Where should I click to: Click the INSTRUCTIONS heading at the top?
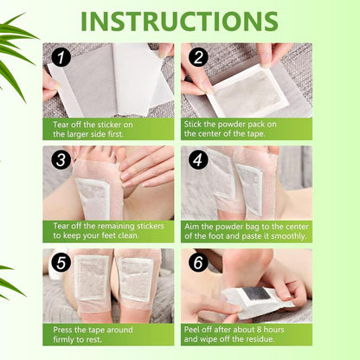tap(179, 20)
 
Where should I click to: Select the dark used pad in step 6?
tap(250, 298)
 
